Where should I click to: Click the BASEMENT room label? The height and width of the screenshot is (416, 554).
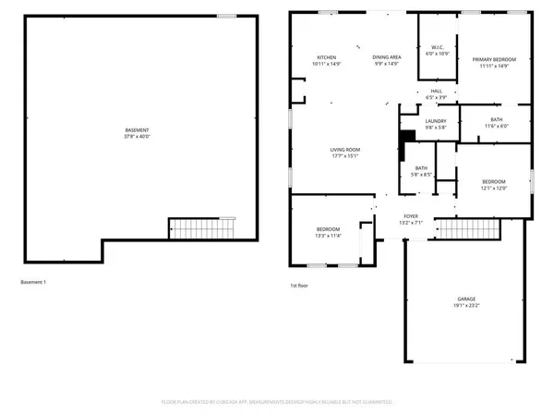137,129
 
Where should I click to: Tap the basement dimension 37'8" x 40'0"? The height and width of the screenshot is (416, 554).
137,137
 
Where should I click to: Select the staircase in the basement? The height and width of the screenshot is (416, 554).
200,227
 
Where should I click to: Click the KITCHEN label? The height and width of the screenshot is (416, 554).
327,57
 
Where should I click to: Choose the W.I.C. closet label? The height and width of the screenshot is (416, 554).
437,47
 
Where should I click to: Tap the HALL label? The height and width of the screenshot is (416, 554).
437,91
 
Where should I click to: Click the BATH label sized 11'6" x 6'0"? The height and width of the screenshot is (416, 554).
497,119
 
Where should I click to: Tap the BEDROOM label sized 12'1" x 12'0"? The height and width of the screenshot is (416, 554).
494,181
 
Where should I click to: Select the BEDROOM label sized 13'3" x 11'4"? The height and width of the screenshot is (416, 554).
329,229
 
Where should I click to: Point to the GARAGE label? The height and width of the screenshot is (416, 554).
466,299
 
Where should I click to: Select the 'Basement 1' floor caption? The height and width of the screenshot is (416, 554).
32,281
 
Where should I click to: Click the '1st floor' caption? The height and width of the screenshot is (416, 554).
299,286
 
